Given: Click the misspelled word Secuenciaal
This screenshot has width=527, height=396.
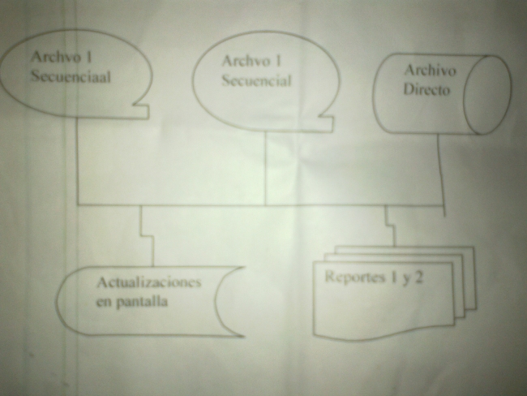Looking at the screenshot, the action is coord(71,77).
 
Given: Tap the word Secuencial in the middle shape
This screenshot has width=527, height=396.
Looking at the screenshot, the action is coord(256,81).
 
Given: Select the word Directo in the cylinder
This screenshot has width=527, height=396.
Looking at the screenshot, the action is coord(426,89).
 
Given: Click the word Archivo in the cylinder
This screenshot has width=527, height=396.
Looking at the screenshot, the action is coord(431,71).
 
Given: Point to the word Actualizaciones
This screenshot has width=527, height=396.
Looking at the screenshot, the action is coord(148,282).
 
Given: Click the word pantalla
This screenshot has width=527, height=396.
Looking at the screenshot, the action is coord(142,302).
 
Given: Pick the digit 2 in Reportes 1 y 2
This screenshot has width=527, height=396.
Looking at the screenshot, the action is coord(418,278).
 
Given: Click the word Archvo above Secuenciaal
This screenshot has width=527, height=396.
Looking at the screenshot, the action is coord(56,57).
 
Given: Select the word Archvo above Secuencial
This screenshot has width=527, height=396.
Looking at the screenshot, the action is coord(246,61).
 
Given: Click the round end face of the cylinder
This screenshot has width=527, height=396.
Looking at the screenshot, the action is coord(487,95).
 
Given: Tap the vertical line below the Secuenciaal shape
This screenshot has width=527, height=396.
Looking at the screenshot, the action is coord(77,161).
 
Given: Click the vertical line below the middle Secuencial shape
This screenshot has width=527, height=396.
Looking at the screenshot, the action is coord(265,167).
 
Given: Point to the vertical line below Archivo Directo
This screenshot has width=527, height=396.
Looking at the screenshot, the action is coord(441,175).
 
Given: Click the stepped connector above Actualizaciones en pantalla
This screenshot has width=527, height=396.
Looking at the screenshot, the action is coord(148,236).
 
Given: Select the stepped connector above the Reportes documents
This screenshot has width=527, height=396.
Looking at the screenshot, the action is coord(390,226).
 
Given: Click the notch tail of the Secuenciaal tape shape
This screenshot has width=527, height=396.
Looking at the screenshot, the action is coord(142,111).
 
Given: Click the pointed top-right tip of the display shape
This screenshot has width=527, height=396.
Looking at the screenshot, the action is coord(244,268).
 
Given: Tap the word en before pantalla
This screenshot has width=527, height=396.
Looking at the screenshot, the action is coord(104,302).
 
